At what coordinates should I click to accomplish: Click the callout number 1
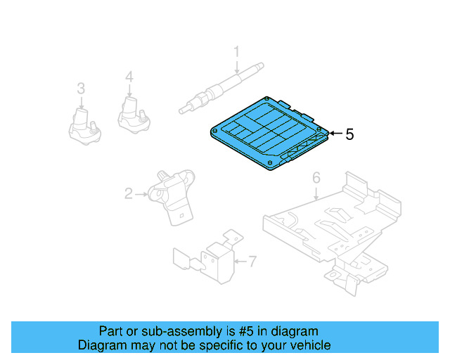point(236,51)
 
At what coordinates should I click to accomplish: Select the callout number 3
point(81,88)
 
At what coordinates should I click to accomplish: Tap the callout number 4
point(129,77)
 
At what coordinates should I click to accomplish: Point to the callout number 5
point(350,134)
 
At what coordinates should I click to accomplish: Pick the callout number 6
point(316,177)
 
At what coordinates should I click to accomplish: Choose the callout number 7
point(252,262)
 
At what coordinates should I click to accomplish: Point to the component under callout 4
point(131,114)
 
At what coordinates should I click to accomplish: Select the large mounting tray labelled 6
point(330,225)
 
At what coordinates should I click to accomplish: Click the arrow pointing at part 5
point(335,134)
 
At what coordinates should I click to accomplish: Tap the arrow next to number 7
point(239,262)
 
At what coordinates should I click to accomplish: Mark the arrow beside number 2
point(141,193)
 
